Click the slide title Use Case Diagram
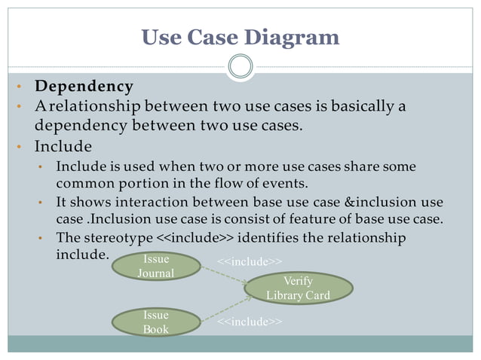[x=240, y=36]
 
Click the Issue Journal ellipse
[x=156, y=266]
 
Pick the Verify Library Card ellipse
[x=298, y=288]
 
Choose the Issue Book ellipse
[x=156, y=322]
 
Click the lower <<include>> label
[x=250, y=322]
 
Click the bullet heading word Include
[x=63, y=145]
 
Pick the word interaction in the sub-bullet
[x=147, y=202]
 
